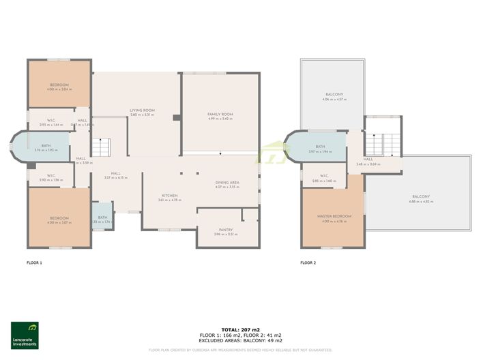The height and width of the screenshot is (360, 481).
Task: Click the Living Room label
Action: tap(143, 110)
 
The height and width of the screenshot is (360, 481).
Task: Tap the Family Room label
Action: tap(220, 115)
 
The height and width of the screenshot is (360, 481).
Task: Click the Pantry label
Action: tap(226, 230)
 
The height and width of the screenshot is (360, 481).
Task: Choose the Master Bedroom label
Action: tap(334, 217)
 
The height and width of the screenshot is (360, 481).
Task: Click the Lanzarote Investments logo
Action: tap(25, 335)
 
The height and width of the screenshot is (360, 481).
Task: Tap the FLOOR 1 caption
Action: tap(34, 262)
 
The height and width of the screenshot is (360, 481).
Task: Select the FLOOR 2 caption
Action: tap(309, 262)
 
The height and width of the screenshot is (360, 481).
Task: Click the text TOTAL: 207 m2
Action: tap(240, 329)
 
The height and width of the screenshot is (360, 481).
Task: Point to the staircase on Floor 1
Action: tap(100, 147)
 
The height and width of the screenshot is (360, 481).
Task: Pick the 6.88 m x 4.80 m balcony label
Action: tap(420, 197)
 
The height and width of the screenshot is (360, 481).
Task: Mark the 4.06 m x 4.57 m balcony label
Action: tap(334, 95)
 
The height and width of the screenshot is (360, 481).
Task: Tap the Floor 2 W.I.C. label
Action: tap(325, 177)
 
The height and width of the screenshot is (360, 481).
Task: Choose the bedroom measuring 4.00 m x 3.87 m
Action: tap(59, 220)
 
